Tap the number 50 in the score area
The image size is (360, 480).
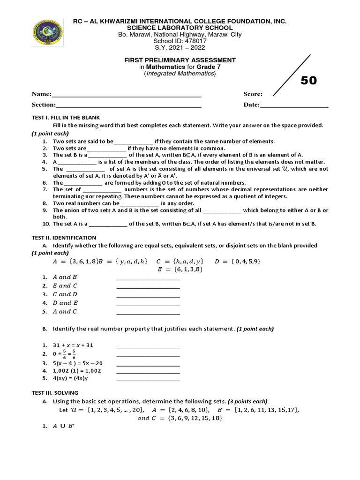pyautogui.click(x=308, y=81)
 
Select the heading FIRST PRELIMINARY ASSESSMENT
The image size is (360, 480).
pyautogui.click(x=180, y=60)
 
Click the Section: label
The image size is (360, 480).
pyautogui.click(x=44, y=105)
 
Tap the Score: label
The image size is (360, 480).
pyautogui.click(x=253, y=94)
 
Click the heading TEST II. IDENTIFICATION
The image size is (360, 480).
pyautogui.click(x=64, y=238)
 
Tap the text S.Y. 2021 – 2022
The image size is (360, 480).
pyautogui.click(x=180, y=47)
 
